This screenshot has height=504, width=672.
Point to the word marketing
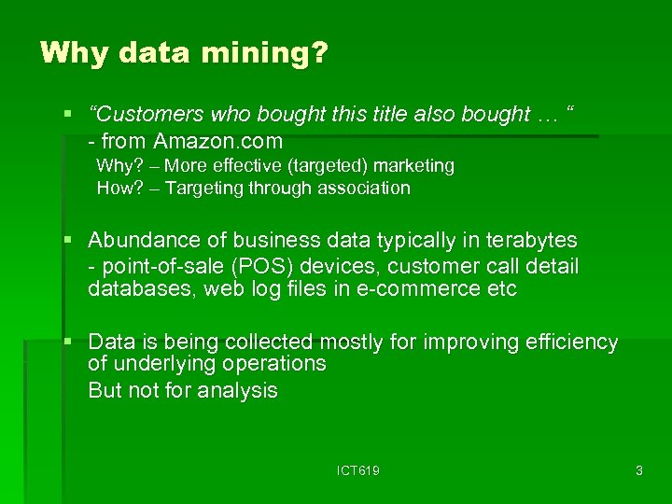pos(413,166)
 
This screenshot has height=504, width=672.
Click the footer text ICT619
pos(358,471)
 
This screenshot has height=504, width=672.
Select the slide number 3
pos(638,471)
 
